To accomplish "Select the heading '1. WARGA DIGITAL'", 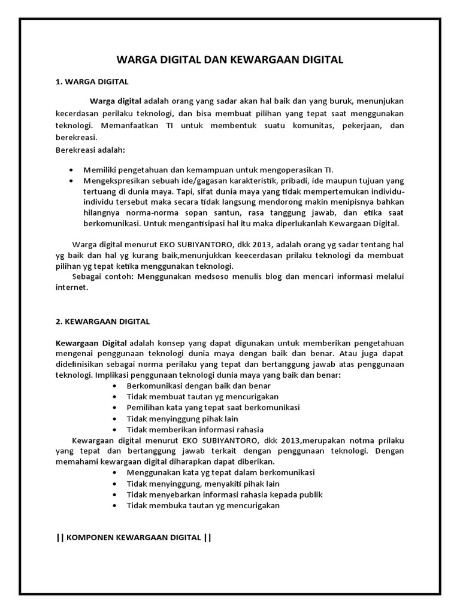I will point(92,81).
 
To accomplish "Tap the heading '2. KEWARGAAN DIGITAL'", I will point(102,321).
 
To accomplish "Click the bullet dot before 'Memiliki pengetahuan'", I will point(72,169).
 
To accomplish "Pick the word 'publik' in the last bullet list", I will point(310,494).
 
